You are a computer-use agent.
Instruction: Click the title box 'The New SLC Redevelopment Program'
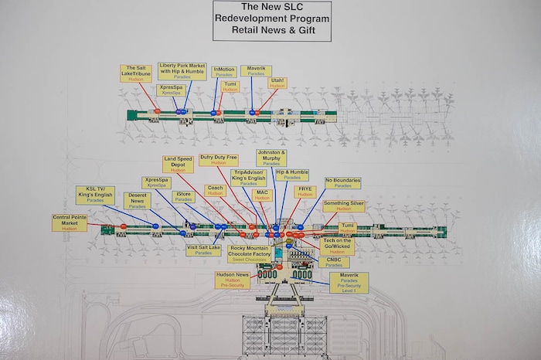271,21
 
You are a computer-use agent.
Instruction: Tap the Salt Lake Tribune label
135,73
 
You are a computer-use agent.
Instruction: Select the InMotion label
223,71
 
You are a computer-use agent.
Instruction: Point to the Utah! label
277,83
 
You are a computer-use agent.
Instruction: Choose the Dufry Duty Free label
218,160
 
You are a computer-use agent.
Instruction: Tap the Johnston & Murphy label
271,158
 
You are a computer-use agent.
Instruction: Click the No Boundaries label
343,183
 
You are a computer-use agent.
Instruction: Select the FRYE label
305,191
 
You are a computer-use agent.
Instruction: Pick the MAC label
263,195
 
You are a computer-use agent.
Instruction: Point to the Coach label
215,190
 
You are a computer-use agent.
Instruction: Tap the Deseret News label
138,201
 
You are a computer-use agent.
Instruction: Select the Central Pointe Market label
70,222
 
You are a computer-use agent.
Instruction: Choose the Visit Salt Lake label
203,250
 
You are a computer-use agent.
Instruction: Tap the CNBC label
333,263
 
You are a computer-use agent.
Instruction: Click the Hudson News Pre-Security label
232,280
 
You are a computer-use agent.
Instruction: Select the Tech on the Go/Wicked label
337,246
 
